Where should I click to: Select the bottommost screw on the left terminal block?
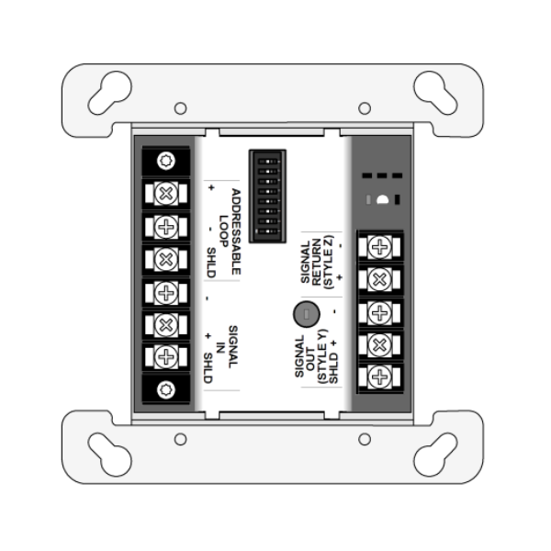click(166, 355)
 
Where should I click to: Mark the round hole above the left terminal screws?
click(166, 162)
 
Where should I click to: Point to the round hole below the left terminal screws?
click(166, 388)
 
